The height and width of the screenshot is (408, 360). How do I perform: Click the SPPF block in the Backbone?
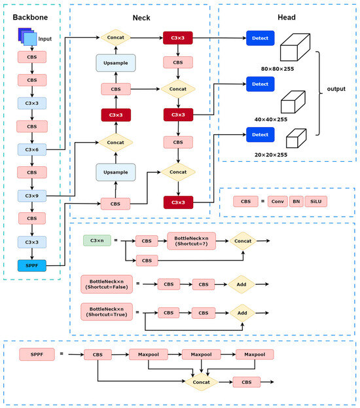(31, 265)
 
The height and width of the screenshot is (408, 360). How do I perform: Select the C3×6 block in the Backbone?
(31, 149)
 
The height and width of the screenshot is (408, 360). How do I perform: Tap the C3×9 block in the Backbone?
(31, 195)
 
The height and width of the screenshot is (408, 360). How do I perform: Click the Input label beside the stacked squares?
(45, 39)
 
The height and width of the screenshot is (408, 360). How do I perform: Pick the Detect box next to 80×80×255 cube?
(261, 39)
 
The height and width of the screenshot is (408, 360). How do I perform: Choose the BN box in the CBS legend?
(296, 201)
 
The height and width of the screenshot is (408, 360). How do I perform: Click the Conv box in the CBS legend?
(277, 201)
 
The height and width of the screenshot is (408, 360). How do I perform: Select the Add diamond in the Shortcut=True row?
(242, 313)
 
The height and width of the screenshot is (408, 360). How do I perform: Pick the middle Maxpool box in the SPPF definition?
(201, 354)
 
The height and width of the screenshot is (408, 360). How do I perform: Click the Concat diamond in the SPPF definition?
(200, 382)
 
